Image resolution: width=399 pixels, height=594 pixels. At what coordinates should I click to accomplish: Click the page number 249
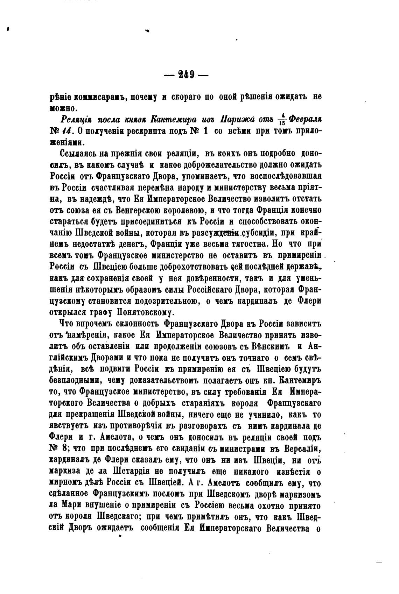point(186,75)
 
